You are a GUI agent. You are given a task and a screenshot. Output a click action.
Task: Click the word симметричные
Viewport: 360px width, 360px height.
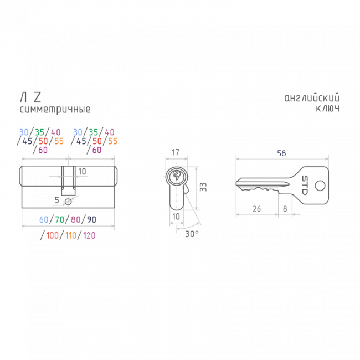tap(55, 110)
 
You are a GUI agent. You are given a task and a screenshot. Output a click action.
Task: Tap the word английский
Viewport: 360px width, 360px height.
tap(312, 98)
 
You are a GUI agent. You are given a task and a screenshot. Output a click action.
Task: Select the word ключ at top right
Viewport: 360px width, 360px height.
tap(328, 109)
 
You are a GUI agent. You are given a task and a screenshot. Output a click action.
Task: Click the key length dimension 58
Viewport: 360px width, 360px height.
tap(281, 153)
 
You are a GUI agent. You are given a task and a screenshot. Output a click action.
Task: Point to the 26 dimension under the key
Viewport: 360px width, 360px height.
tap(256, 209)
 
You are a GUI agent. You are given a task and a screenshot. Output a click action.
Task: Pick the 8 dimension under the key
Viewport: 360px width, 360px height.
tap(285, 209)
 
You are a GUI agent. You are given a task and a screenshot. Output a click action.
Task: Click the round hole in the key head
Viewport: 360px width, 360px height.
tap(320, 186)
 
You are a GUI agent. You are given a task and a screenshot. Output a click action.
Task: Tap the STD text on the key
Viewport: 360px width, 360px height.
tap(305, 186)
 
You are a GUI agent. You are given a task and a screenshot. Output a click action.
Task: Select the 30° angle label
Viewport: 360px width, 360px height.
tap(192, 234)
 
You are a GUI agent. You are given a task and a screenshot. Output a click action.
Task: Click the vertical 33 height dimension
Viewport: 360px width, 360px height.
tap(203, 187)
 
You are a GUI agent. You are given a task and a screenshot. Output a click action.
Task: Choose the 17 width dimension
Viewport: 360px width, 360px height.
tap(176, 152)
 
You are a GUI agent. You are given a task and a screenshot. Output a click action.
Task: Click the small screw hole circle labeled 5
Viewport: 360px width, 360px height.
tap(68, 202)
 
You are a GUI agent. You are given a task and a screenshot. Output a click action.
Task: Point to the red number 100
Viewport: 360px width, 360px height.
tap(53, 235)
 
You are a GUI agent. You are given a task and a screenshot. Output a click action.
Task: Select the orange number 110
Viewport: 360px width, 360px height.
tap(71, 235)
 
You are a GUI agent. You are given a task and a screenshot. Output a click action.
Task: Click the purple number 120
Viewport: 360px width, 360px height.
tap(89, 235)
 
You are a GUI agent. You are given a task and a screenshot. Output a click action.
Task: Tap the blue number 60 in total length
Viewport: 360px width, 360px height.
tap(44, 219)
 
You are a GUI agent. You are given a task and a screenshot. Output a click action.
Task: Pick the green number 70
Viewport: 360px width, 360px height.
tap(60, 219)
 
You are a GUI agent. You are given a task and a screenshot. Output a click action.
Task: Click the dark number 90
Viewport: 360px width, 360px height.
tap(91, 219)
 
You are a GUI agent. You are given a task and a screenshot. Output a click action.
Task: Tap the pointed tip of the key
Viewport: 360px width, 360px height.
tap(236, 183)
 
